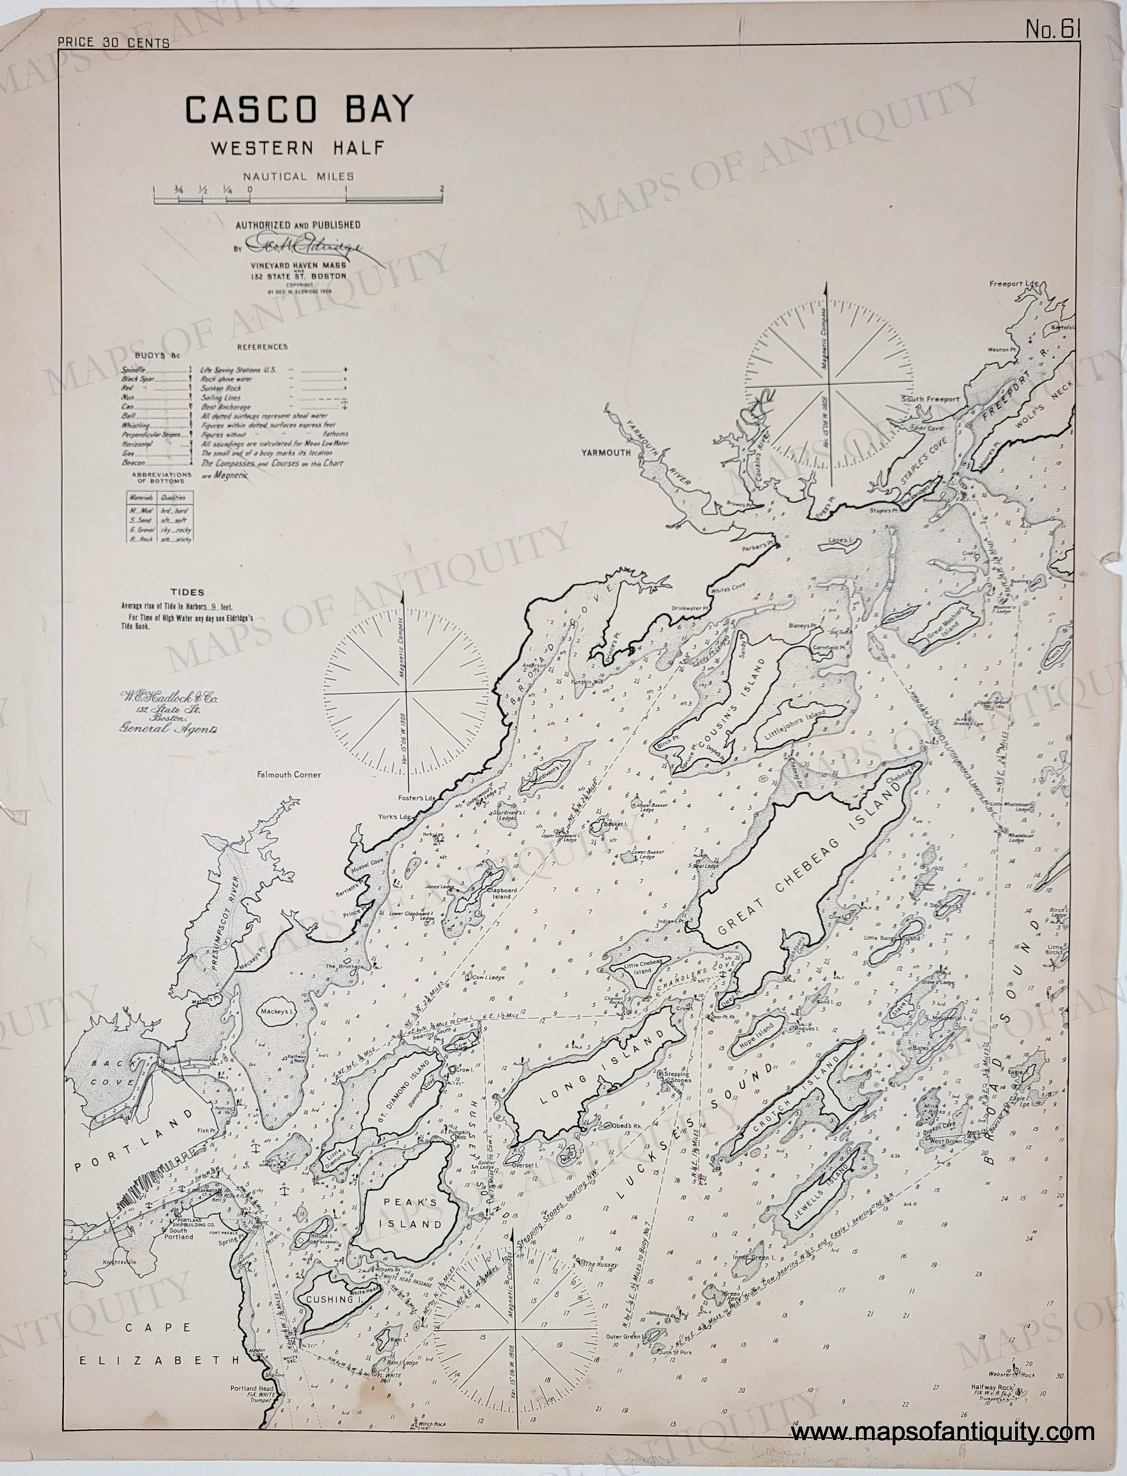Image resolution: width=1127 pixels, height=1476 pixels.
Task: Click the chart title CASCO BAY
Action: click(299, 111)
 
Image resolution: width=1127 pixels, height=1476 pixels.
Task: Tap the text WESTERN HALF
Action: click(298, 148)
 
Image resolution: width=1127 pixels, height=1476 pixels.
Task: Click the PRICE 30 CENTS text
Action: click(114, 43)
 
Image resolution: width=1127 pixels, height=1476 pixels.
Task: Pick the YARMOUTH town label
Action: click(607, 453)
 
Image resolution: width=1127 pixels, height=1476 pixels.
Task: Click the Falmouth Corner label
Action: click(289, 774)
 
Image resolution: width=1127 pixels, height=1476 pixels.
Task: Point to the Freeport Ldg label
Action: click(1014, 283)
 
